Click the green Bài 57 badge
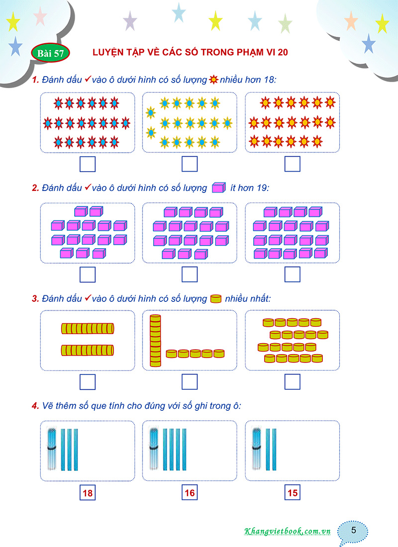point(50,53)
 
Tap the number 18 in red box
point(88,494)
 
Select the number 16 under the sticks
point(190,494)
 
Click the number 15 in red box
point(292,494)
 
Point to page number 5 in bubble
point(353,530)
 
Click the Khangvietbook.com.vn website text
point(288,531)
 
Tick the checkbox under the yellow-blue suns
point(190,164)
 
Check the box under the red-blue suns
point(88,164)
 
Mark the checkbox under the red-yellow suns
point(292,164)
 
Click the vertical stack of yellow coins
point(156,341)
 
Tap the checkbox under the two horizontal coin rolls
point(88,381)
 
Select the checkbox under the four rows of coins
point(292,381)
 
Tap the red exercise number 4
point(35,406)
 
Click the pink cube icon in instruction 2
point(218,188)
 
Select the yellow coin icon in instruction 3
point(215,299)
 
